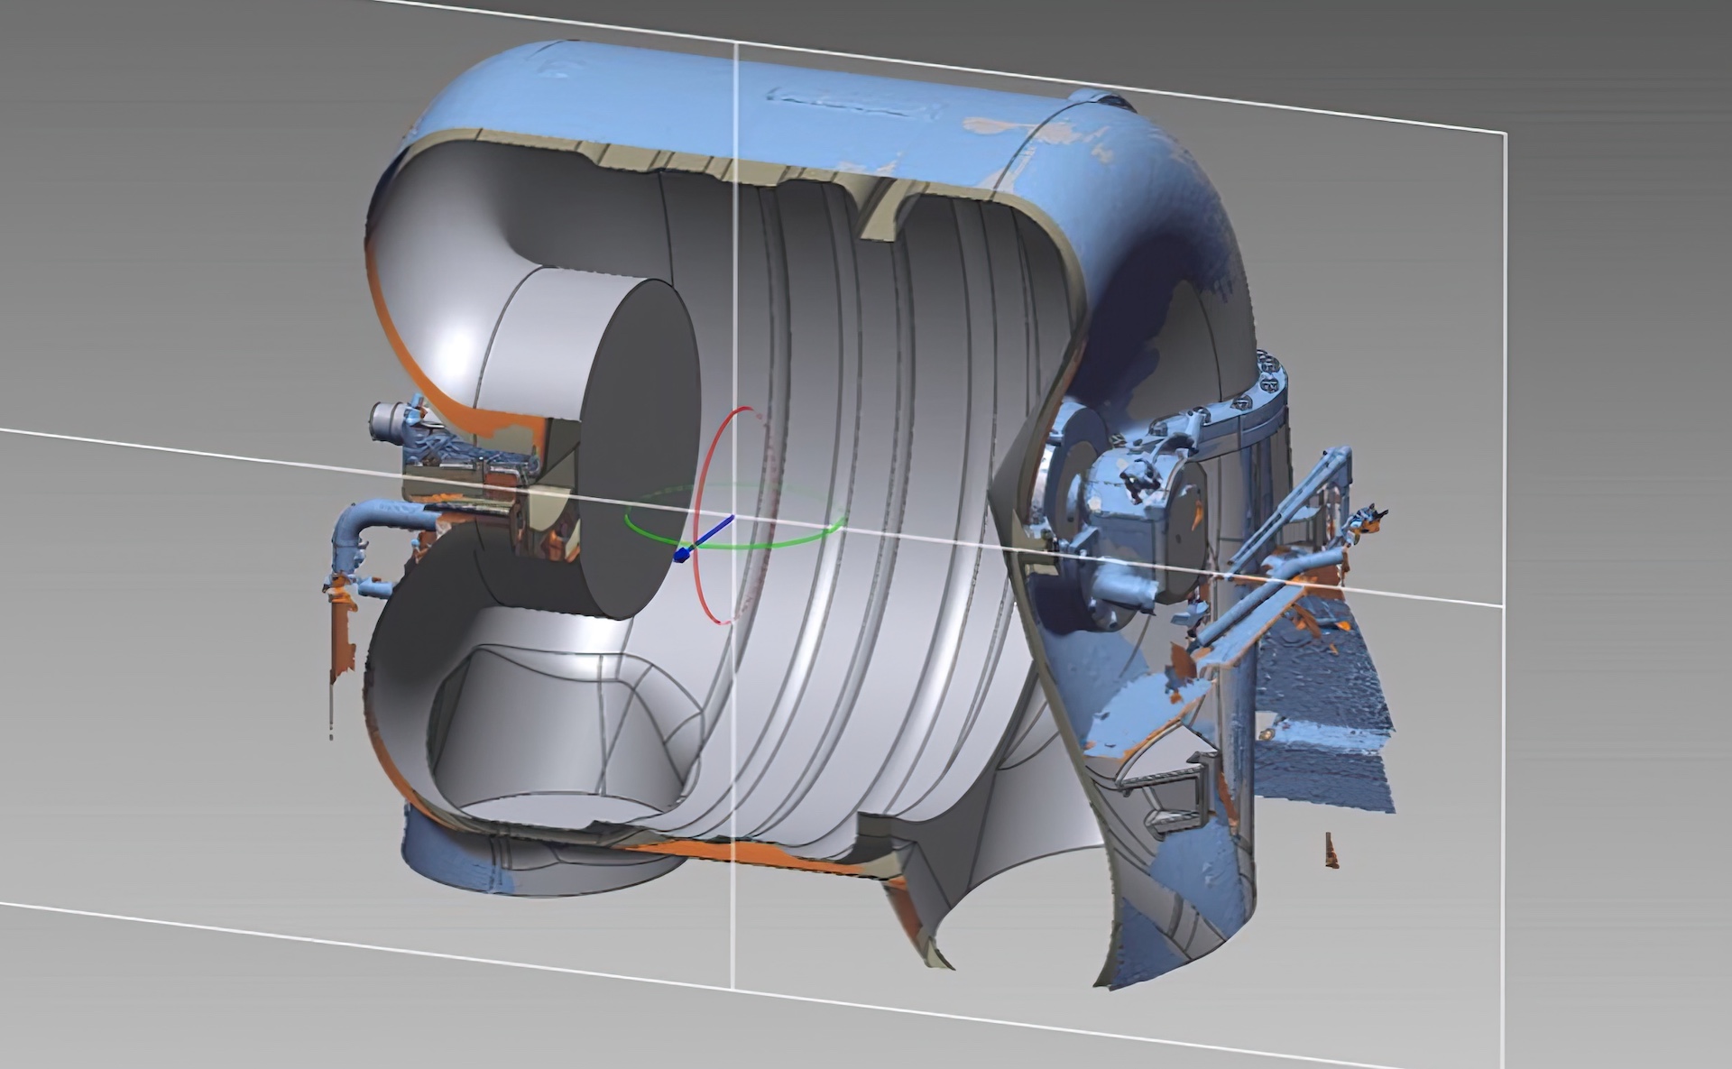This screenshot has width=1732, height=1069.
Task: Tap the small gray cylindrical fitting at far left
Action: click(x=388, y=420)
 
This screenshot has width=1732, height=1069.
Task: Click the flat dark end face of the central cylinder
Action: click(x=640, y=451)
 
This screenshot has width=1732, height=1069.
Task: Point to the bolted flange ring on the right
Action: click(x=1267, y=397)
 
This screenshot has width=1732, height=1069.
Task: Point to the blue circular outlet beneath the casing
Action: click(x=487, y=866)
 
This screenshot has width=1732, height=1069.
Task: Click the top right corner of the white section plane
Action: click(x=1505, y=134)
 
